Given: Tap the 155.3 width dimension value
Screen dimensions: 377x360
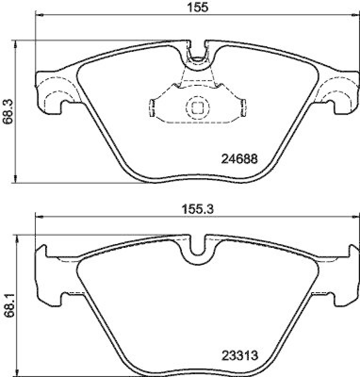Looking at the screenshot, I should click(x=196, y=211).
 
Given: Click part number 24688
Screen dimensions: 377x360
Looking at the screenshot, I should click(x=239, y=159).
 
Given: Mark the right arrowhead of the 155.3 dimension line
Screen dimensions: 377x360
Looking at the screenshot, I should click(x=354, y=217).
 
